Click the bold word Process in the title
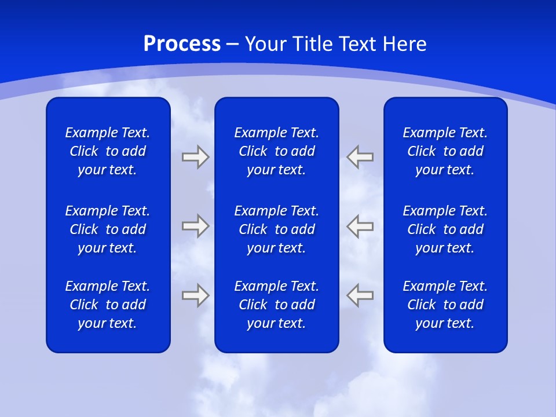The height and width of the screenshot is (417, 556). click(182, 44)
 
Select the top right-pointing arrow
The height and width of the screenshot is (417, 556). click(195, 156)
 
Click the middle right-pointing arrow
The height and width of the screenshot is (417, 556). click(195, 226)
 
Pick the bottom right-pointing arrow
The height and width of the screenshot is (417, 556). click(195, 295)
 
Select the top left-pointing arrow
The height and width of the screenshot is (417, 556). click(360, 156)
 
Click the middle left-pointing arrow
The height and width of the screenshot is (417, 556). click(360, 226)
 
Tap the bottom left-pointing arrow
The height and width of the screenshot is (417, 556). click(360, 295)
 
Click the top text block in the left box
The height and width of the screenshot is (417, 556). click(108, 151)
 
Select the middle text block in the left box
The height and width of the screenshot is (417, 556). click(108, 229)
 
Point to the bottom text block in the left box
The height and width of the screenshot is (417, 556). click(108, 305)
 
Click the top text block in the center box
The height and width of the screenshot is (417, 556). click(276, 151)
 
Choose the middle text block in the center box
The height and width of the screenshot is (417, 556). click(276, 229)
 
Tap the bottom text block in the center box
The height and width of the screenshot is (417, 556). click(276, 305)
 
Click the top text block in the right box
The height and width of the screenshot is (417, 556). click(445, 151)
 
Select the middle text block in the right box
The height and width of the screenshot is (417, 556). click(445, 229)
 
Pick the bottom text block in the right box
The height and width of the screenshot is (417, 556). click(445, 305)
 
